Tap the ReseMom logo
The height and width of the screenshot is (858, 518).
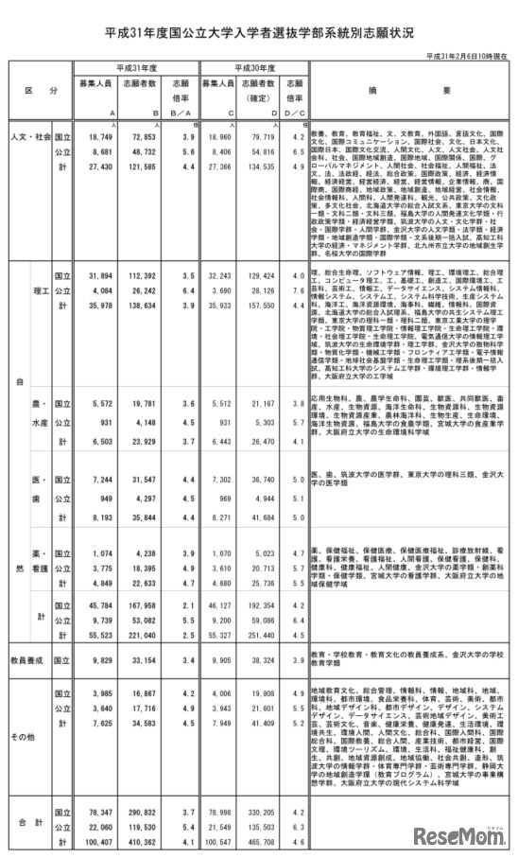462,832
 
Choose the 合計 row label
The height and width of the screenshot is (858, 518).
29,825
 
